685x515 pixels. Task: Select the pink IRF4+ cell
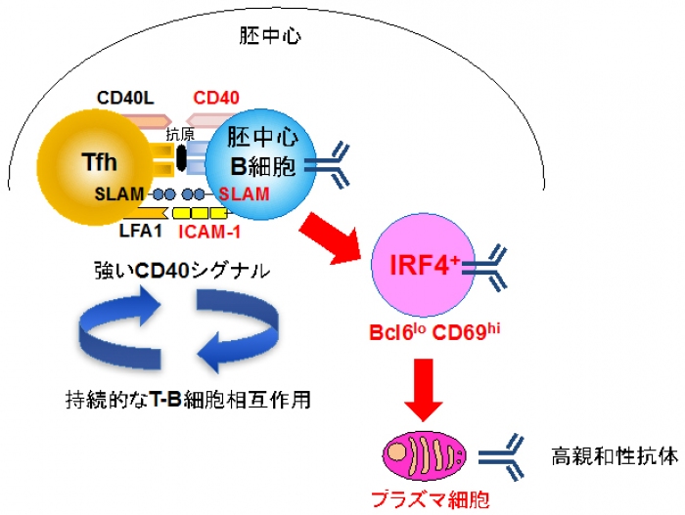click(x=421, y=264)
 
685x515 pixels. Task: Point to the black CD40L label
click(x=125, y=98)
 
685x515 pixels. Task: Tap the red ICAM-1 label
click(x=209, y=232)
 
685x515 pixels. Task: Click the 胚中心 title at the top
click(x=270, y=37)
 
